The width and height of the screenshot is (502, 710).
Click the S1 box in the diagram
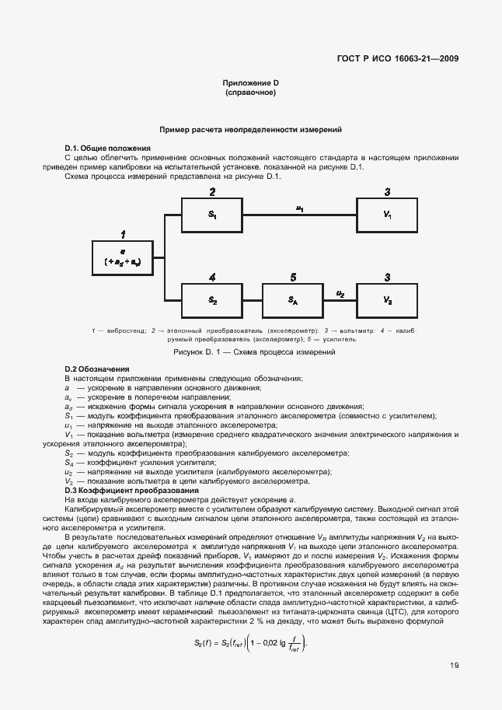tap(212, 214)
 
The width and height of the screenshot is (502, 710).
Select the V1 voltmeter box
tap(388, 214)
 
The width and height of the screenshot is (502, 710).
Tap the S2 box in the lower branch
tap(212, 299)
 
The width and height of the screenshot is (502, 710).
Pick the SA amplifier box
tap(292, 299)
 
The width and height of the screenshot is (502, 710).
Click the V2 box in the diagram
tap(388, 299)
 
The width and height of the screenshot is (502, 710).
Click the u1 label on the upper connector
tap(300, 208)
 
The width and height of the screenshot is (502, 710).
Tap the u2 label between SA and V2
tap(340, 292)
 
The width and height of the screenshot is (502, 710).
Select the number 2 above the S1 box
tap(212, 191)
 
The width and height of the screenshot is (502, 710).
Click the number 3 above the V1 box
tap(388, 191)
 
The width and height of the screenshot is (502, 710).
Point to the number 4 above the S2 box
tap(212, 276)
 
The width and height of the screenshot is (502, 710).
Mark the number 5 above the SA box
tap(292, 276)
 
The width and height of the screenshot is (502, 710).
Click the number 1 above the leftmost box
tap(123, 233)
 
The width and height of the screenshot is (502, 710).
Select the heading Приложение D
tap(250, 83)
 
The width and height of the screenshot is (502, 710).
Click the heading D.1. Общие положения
tap(107, 148)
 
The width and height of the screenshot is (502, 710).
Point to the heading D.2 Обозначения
tap(97, 369)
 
